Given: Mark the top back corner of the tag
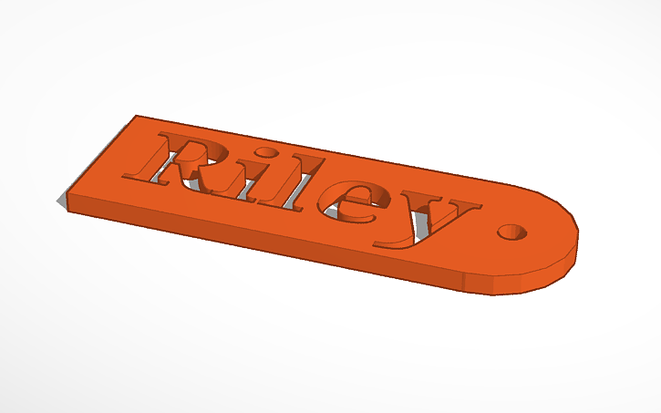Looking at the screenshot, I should pos(136,116).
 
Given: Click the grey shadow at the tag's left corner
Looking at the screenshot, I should pos(61,200).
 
